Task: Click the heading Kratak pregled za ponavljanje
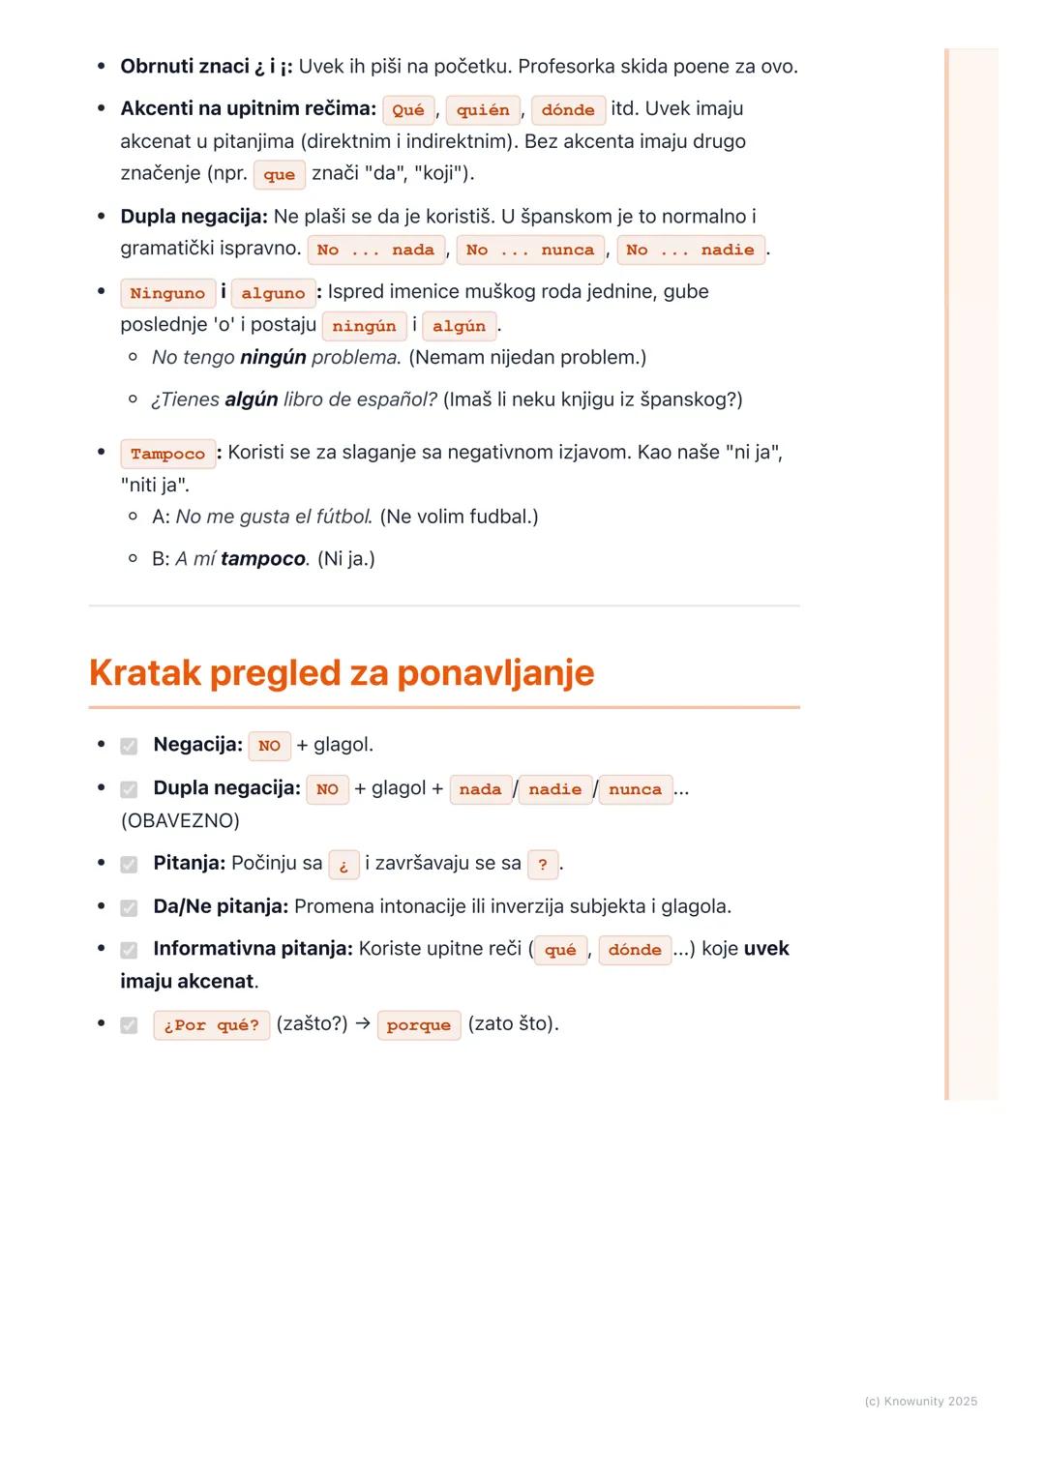342,673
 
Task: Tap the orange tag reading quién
483,110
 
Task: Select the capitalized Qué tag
408,110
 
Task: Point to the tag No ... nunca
530,251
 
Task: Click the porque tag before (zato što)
418,1025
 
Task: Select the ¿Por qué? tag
211,1025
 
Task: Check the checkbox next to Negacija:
129,746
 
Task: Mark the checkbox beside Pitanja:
129,864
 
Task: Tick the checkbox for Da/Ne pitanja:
129,907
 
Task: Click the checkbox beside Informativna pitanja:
129,950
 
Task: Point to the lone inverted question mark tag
343,865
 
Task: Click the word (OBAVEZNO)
180,820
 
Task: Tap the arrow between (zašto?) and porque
363,1024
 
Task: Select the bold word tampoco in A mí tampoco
263,559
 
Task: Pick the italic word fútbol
344,517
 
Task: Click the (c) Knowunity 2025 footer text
920,1402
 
